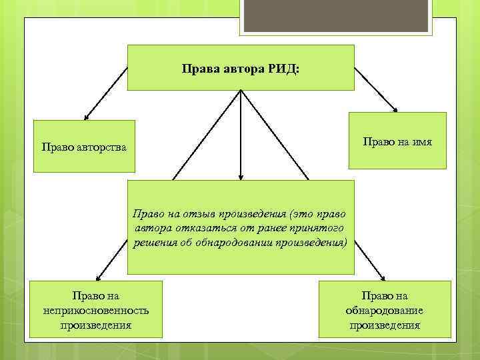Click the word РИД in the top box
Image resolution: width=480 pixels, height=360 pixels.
[285, 69]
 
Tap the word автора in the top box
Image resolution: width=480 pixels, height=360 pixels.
[242, 69]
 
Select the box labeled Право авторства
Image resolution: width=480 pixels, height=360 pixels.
[84, 146]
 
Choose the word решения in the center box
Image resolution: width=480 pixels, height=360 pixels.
[155, 243]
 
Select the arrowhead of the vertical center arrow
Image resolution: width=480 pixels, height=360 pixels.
[240, 177]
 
